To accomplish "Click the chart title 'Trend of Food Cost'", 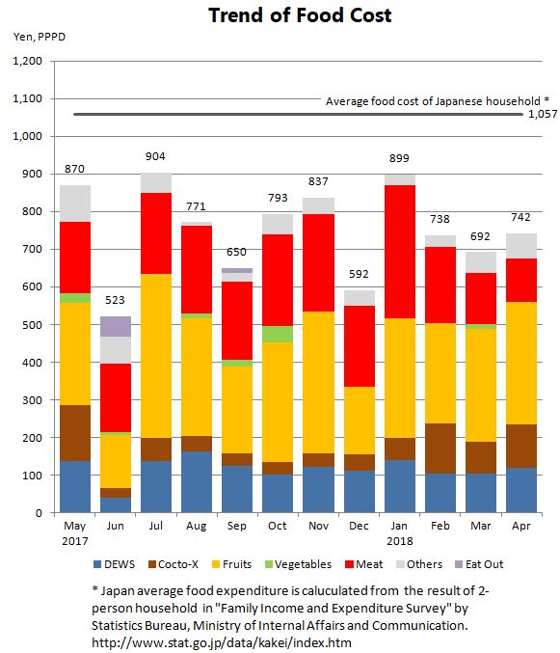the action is click(300, 15).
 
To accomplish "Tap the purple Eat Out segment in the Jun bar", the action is click(116, 326).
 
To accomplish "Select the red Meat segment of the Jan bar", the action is click(400, 252).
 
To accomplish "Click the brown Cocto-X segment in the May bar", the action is click(75, 433).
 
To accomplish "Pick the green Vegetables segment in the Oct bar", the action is click(278, 334).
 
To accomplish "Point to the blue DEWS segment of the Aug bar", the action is click(197, 482).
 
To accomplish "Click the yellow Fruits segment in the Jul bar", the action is click(156, 356).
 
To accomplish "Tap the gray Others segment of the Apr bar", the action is click(521, 246).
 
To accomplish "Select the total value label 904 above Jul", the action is click(155, 156).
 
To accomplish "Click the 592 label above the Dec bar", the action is click(359, 274).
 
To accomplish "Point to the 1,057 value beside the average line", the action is click(543, 114).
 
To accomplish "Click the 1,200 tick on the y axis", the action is click(27, 61).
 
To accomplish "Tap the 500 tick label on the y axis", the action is click(32, 325).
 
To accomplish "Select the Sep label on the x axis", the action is click(237, 526).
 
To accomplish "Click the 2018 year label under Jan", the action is click(400, 541).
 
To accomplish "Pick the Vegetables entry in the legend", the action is click(298, 564).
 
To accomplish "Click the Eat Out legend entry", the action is click(479, 564).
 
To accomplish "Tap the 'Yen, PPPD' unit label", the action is click(40, 37).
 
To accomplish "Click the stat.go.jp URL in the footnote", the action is click(222, 642).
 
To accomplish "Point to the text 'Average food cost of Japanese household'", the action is click(433, 101).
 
